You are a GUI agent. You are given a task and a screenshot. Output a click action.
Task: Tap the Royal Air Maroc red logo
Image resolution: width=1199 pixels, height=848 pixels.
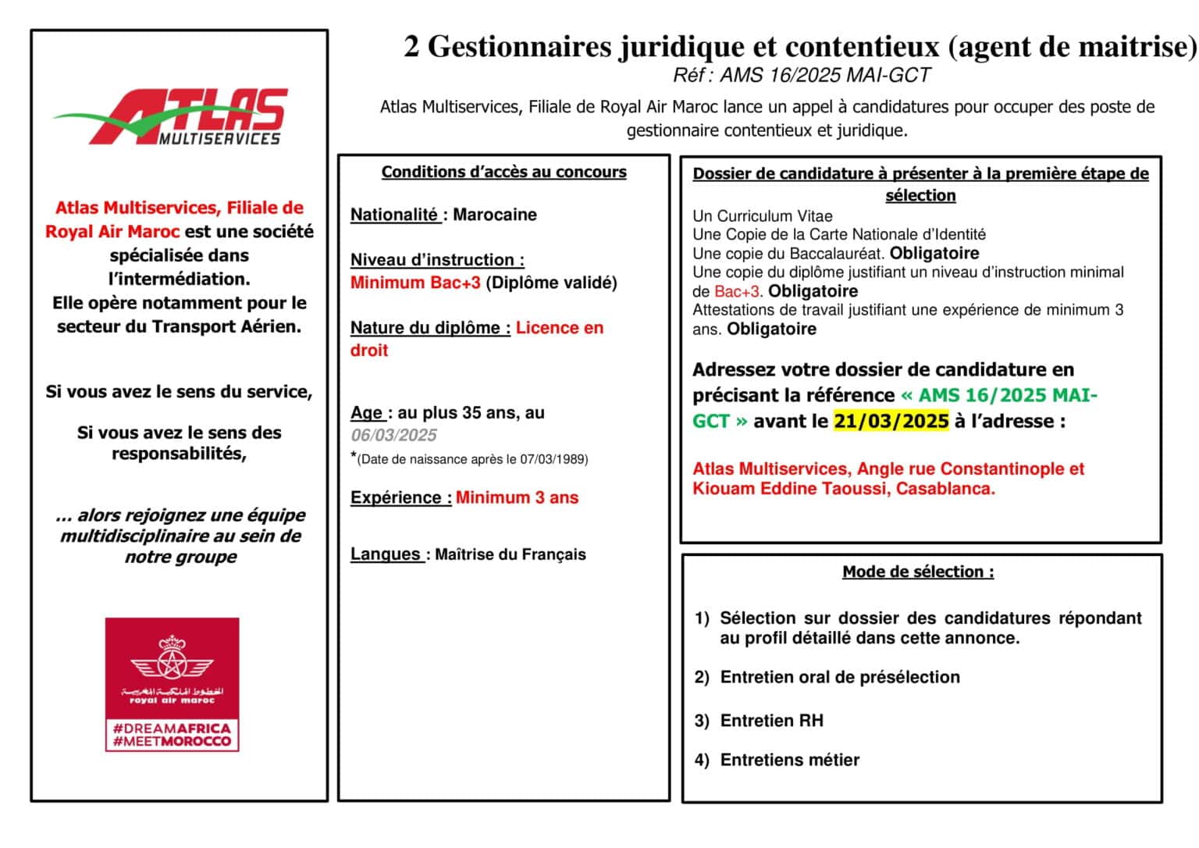pyautogui.click(x=172, y=683)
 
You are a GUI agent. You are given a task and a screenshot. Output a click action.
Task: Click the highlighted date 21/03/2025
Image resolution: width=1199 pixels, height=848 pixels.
pyautogui.click(x=891, y=421)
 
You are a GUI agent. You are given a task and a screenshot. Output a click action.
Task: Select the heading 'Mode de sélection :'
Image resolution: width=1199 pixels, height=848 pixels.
pyautogui.click(x=918, y=572)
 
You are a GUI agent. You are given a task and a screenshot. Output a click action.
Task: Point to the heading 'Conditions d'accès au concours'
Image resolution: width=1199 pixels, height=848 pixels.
pyautogui.click(x=503, y=172)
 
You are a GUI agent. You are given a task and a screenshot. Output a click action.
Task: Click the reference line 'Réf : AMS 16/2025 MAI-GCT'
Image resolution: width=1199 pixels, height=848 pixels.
pyautogui.click(x=801, y=75)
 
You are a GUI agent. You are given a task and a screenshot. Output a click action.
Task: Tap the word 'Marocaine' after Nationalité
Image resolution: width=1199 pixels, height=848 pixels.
pyautogui.click(x=495, y=215)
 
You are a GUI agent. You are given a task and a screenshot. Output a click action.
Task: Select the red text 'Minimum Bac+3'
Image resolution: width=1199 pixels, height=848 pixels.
pyautogui.click(x=415, y=283)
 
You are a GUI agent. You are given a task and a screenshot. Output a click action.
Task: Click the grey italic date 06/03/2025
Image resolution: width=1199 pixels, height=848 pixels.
pyautogui.click(x=393, y=435)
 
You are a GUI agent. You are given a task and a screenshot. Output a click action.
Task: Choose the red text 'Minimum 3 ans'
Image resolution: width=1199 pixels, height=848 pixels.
pyautogui.click(x=517, y=497)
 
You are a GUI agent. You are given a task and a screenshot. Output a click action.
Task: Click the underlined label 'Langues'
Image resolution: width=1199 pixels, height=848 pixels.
pyautogui.click(x=386, y=554)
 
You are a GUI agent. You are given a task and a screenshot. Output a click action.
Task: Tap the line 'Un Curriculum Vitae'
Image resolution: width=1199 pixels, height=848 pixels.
pyautogui.click(x=762, y=216)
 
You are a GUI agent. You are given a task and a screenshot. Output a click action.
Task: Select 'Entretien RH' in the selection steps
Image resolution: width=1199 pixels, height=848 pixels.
pyautogui.click(x=771, y=721)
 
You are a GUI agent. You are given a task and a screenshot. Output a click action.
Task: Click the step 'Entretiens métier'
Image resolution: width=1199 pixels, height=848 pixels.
pyautogui.click(x=789, y=760)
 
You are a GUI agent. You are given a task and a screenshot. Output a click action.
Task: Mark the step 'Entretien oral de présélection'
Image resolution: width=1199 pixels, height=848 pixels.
pyautogui.click(x=839, y=677)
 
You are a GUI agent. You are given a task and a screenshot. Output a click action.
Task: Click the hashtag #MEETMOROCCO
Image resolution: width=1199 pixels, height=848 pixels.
pyautogui.click(x=172, y=741)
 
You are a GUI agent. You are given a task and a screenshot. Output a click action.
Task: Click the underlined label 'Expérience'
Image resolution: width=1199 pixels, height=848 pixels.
pyautogui.click(x=397, y=497)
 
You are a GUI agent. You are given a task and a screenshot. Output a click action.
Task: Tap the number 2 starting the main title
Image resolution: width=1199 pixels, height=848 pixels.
pyautogui.click(x=411, y=47)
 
